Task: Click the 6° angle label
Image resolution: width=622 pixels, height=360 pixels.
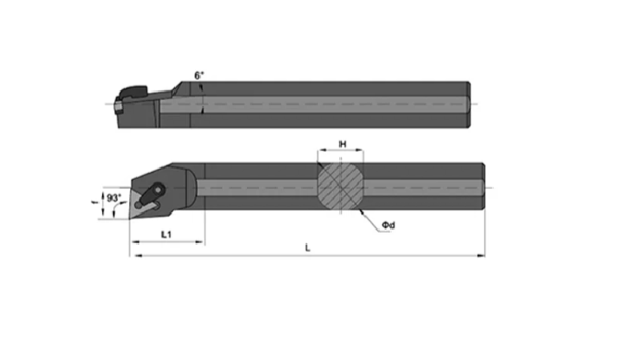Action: point(199,76)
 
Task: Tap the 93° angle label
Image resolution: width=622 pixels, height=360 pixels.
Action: point(114,198)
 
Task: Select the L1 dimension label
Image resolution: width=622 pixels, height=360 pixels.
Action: point(166,234)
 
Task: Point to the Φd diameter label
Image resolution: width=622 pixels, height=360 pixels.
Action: point(388,225)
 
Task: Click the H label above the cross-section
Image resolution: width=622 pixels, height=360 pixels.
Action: point(343,144)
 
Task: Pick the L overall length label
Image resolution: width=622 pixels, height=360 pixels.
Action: point(307,248)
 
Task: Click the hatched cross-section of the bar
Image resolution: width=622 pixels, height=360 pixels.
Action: point(340,186)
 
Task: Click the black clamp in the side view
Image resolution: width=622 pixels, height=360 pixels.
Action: point(133,92)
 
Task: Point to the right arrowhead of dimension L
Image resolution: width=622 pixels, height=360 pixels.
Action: point(481,256)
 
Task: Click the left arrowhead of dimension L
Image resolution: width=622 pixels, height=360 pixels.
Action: point(139,256)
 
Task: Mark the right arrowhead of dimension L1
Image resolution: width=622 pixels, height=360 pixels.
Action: point(199,241)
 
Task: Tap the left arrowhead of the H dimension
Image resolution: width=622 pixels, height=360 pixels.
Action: point(322,150)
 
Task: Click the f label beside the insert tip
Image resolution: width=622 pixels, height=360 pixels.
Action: point(94,202)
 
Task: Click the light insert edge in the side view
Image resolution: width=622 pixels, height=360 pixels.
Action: point(118,107)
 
